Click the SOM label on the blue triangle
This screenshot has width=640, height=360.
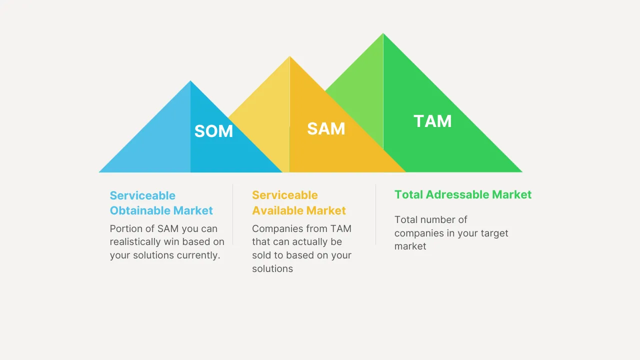pyautogui.click(x=213, y=131)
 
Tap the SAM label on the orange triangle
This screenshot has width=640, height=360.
pyautogui.click(x=326, y=128)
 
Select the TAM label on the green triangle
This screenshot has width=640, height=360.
pyautogui.click(x=432, y=121)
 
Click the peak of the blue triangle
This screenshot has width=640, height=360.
pyautogui.click(x=190, y=82)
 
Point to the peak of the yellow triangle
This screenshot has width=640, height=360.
pyautogui.click(x=289, y=57)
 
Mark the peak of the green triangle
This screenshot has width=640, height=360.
pyautogui.click(x=383, y=34)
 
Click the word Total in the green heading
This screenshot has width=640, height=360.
pyautogui.click(x=408, y=194)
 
